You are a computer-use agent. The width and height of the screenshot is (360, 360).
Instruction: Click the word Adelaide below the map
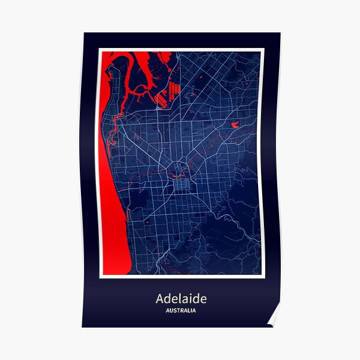pos(181,298)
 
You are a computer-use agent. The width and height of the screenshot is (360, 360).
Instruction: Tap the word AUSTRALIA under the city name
pos(181,310)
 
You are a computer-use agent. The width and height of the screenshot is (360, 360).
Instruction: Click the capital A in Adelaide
pos(160,298)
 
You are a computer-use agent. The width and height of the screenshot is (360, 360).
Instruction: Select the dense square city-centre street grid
pos(181,170)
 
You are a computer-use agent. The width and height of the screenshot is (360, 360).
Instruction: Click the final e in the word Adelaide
pos(203,299)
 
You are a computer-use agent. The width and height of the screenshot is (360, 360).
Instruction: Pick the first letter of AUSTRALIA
pos(166,310)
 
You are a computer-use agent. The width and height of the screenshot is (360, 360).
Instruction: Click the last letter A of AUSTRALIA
pos(194,310)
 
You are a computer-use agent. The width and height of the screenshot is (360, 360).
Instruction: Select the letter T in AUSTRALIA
pos(176,310)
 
